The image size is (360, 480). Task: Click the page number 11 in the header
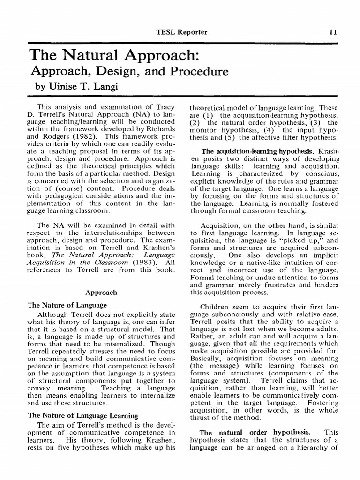click(333, 32)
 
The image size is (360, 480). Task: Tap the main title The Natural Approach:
click(115, 55)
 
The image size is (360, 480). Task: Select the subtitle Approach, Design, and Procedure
click(129, 72)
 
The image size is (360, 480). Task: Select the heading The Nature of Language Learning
click(83, 415)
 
